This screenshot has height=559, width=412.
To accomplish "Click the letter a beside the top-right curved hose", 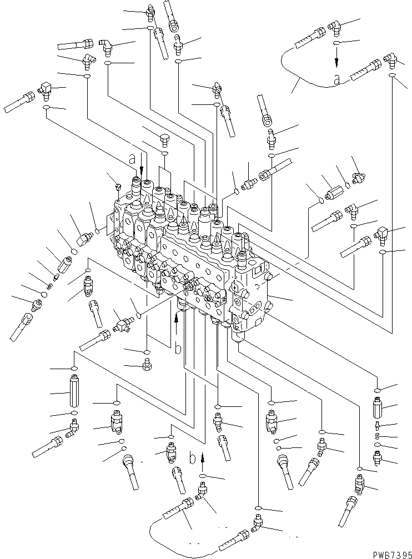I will coord(336,79).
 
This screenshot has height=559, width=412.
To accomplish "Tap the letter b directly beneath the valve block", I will coord(177,349).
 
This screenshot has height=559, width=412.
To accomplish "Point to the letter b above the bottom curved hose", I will coord(192,459).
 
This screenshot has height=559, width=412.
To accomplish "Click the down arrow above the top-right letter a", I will coord(336,57).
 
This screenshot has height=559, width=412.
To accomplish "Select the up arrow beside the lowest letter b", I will coord(202,459).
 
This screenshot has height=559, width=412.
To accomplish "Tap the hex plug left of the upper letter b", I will coord(147,365).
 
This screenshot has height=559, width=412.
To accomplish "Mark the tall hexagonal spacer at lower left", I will coord(74,393).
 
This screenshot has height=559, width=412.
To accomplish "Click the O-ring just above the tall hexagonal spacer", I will coord(74,369).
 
